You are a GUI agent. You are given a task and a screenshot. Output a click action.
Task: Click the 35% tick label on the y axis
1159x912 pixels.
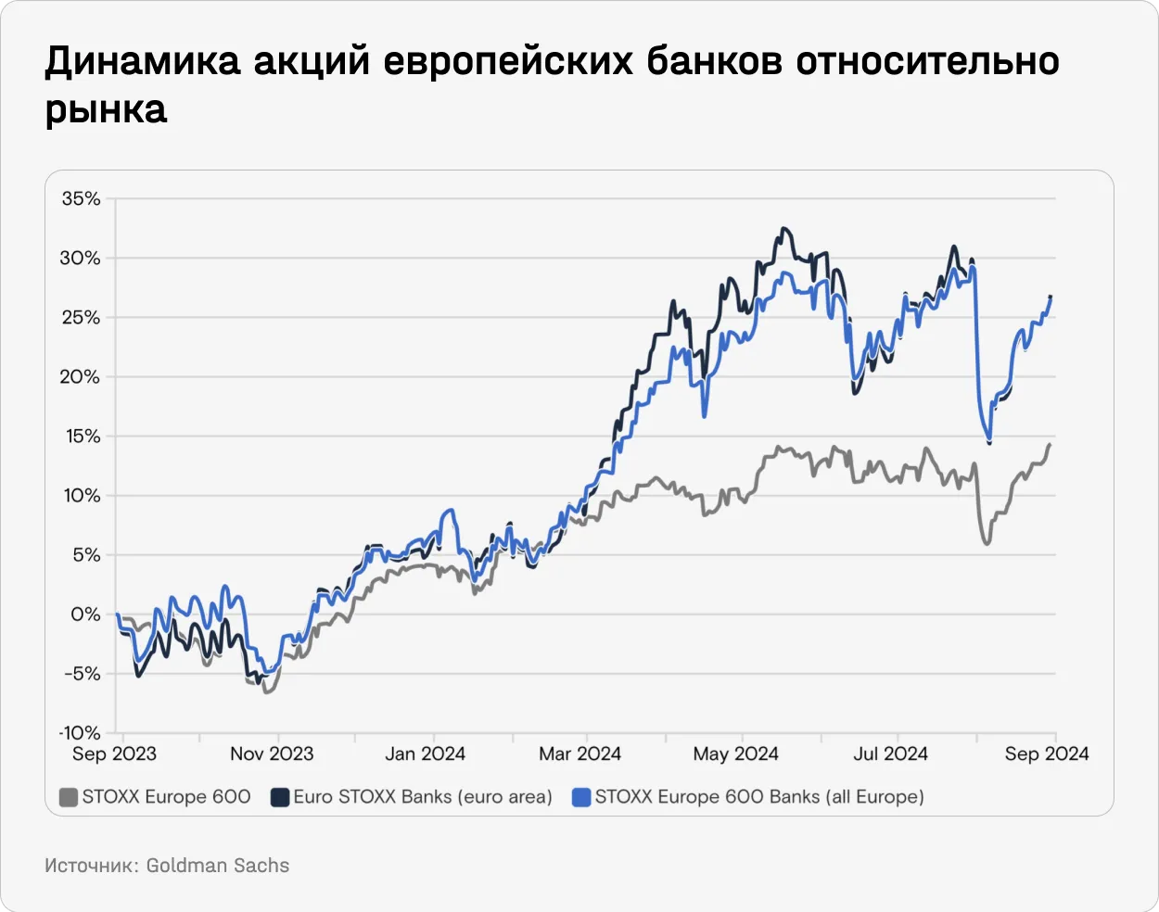(x=81, y=199)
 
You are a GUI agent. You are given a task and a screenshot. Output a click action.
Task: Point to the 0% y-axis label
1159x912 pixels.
(x=84, y=614)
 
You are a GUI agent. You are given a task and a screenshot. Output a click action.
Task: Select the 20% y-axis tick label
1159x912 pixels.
(x=81, y=377)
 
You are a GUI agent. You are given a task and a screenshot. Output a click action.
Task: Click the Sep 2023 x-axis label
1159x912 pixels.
(x=114, y=754)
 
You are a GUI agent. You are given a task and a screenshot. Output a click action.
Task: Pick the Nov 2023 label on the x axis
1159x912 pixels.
(x=272, y=754)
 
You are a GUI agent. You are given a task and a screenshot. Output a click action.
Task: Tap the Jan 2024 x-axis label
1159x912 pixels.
(x=425, y=754)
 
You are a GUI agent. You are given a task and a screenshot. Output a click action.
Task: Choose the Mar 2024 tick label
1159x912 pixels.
(x=579, y=754)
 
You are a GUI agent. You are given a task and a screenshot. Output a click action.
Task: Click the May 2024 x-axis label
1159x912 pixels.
(x=735, y=754)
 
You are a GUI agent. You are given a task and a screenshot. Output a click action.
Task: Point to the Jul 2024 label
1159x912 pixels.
(x=890, y=754)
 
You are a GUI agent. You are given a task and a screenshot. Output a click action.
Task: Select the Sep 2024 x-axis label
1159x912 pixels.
(x=1047, y=754)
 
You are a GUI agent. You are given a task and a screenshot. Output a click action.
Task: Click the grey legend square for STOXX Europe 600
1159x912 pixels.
(x=68, y=797)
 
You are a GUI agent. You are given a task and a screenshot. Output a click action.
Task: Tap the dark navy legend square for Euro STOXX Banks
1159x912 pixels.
(x=280, y=797)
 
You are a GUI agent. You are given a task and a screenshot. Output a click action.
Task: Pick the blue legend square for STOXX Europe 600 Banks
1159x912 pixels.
(x=581, y=797)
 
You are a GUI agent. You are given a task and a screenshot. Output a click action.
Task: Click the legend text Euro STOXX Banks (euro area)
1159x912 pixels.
(x=423, y=797)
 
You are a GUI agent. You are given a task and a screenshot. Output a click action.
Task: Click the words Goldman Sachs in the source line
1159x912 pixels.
(x=218, y=866)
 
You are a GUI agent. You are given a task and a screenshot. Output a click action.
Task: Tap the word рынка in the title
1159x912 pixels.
(x=107, y=109)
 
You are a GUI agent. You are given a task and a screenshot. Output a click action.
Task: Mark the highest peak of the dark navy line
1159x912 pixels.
(x=784, y=228)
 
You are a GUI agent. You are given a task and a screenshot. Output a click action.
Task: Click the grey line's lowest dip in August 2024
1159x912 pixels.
(x=986, y=542)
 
